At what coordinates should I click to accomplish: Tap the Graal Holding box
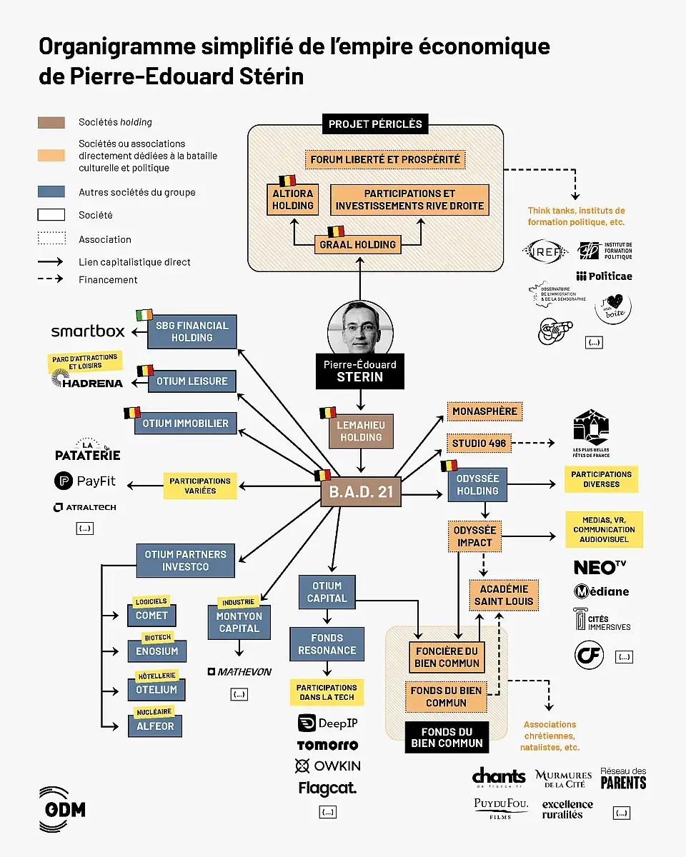[x=357, y=244]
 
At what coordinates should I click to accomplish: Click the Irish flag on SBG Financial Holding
[x=144, y=314]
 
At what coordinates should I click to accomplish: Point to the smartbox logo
[x=87, y=331]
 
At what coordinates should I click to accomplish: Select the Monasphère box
[x=484, y=411]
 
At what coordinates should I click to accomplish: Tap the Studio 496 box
[x=478, y=443]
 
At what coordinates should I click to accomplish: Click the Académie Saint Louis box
[x=504, y=595]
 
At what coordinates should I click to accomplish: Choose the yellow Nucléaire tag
[x=153, y=712]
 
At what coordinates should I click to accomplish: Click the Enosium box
[x=156, y=651]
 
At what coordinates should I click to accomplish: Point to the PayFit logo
[x=85, y=481]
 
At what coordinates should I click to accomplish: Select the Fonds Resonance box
[x=327, y=643]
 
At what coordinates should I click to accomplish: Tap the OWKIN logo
[x=328, y=766]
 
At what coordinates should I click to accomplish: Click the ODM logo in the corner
[x=61, y=809]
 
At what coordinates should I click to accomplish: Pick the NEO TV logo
[x=599, y=567]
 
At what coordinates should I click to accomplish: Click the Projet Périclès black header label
[x=375, y=124]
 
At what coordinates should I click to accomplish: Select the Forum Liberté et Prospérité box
[x=385, y=159]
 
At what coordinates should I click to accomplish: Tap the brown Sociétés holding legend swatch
[x=51, y=123]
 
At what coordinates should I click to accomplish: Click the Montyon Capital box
[x=239, y=622]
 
